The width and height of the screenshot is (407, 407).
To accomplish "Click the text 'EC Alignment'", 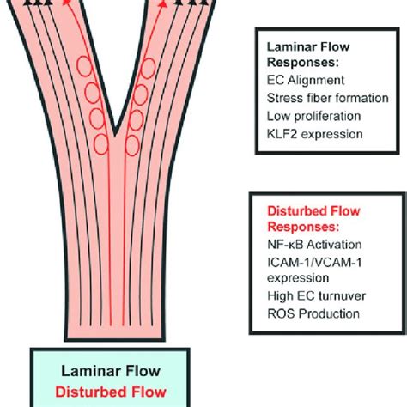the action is click(306, 81).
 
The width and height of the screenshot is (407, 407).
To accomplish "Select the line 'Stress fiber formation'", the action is click(327, 98).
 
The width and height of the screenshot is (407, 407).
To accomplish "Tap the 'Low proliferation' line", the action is click(313, 116).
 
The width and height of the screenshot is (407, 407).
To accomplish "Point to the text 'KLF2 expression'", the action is click(314, 134).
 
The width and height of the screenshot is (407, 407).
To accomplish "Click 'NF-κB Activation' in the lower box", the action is click(314, 245).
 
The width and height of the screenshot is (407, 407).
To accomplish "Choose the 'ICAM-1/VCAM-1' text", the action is click(314, 263).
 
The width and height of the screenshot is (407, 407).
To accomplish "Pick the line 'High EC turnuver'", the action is click(316, 296).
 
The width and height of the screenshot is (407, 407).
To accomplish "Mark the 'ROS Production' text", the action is click(313, 313).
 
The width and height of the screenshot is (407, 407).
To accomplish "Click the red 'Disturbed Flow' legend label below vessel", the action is click(111, 392).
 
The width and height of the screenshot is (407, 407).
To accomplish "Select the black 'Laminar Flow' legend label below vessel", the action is click(111, 371).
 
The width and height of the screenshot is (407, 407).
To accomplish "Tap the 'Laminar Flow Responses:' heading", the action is click(308, 54).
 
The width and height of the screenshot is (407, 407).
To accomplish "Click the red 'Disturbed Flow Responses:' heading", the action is click(313, 219).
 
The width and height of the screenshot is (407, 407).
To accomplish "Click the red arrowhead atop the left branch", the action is click(66, 3).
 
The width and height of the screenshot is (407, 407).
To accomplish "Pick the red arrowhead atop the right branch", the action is click(163, 3).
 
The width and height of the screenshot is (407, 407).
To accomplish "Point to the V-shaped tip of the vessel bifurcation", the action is click(115, 135).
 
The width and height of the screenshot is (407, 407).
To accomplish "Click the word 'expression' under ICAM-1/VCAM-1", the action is click(298, 278).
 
